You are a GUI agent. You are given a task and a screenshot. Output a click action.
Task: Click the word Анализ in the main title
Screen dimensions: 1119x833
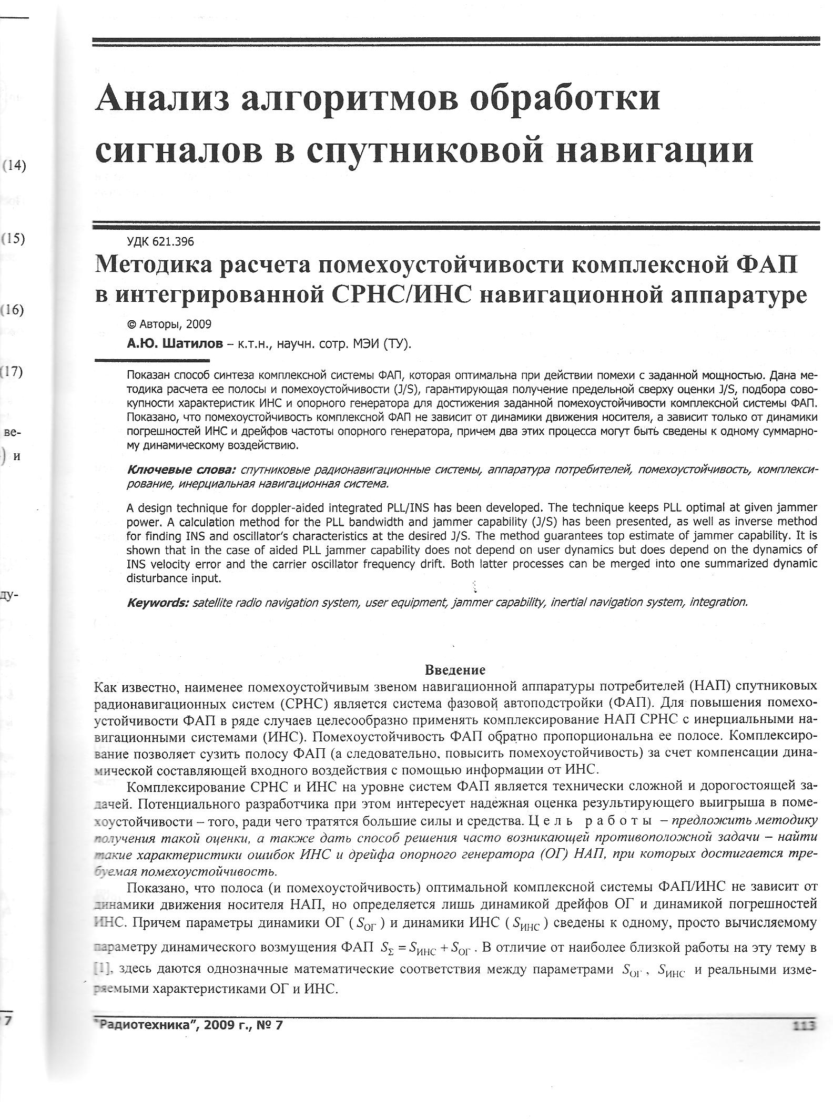coord(161,99)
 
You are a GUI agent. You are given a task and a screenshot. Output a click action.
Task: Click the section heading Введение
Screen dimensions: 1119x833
coord(455,670)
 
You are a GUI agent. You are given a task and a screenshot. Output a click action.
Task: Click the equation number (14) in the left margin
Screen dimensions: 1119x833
coord(14,166)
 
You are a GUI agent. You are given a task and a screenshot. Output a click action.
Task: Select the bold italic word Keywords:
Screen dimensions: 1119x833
coord(157,602)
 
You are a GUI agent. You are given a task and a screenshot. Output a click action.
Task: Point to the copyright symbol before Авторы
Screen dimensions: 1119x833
coord(131,324)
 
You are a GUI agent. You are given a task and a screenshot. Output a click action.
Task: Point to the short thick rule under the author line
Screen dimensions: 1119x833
coord(152,360)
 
